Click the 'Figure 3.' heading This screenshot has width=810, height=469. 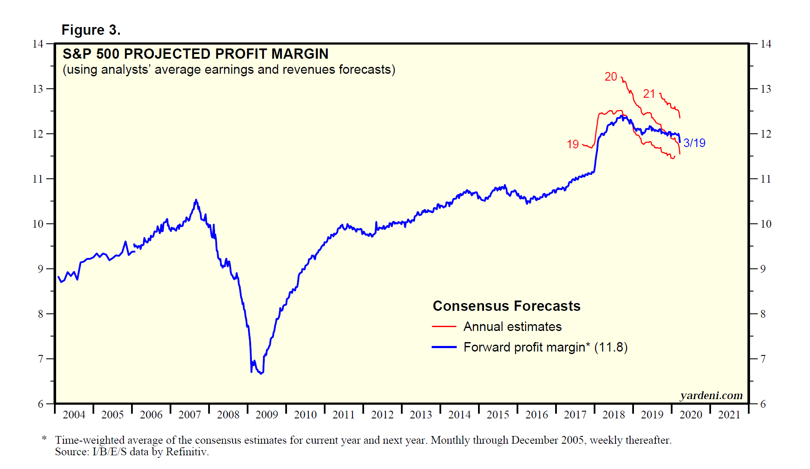(91, 30)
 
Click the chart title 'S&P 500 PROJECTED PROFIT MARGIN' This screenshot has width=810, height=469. (195, 54)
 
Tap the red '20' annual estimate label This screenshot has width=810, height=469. (610, 77)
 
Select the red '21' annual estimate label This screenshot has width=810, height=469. (649, 94)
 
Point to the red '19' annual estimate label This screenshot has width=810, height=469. (573, 144)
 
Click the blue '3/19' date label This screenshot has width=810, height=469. (694, 143)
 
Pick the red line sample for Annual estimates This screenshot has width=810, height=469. (444, 327)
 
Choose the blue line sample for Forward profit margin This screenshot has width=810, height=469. (444, 347)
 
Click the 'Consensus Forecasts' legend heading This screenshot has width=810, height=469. (506, 306)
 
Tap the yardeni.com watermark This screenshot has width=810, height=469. (711, 395)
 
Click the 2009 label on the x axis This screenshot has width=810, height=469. (266, 415)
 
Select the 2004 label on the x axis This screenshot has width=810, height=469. (74, 415)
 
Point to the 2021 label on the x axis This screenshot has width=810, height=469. (729, 415)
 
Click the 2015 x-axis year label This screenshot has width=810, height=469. (498, 415)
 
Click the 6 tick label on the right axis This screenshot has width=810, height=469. (762, 404)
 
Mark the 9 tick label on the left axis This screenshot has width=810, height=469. (40, 269)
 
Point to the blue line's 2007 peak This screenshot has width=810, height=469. (196, 200)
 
